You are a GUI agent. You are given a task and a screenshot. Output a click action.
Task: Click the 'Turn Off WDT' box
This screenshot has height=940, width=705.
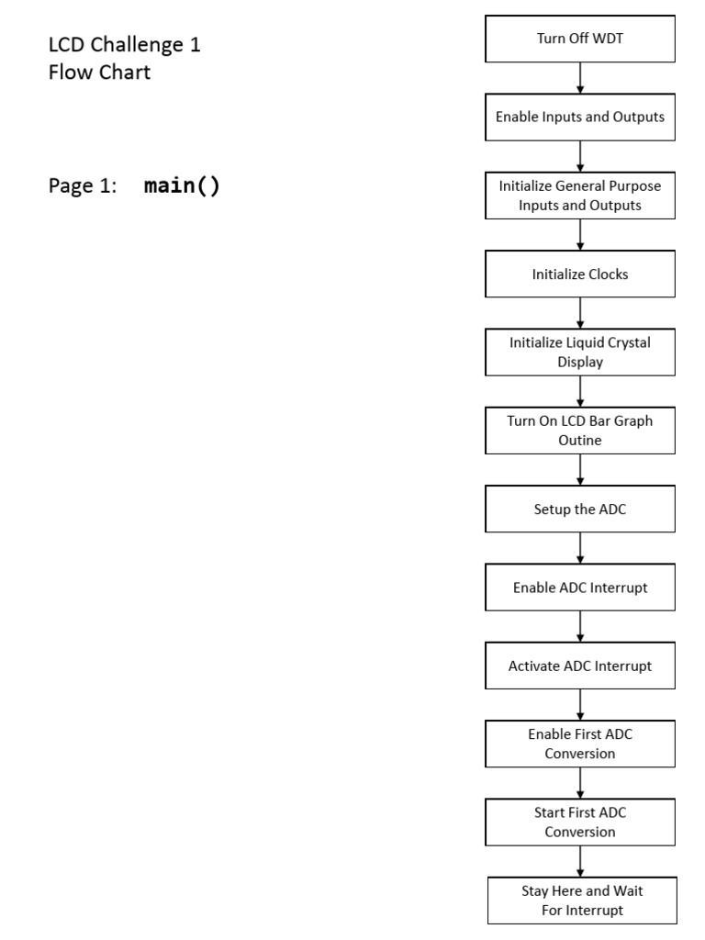click(580, 39)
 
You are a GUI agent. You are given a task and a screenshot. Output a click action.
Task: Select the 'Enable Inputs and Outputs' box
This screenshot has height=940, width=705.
click(580, 117)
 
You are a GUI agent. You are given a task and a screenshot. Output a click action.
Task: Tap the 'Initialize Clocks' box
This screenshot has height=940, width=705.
click(580, 274)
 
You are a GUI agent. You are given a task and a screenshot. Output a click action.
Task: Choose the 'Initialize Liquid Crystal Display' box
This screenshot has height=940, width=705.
click(580, 352)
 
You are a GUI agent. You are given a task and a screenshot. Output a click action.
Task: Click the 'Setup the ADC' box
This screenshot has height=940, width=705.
click(580, 509)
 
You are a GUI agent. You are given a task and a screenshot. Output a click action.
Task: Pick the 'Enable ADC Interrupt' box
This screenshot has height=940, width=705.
click(580, 587)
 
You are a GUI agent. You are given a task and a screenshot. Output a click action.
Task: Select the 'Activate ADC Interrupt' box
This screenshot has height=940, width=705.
click(580, 666)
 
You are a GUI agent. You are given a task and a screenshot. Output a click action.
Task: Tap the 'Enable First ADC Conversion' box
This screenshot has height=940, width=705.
click(580, 744)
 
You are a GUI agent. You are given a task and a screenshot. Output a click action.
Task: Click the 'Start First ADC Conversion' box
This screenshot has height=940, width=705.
click(580, 822)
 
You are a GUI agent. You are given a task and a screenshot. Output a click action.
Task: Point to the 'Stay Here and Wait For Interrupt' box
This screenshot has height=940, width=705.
click(580, 900)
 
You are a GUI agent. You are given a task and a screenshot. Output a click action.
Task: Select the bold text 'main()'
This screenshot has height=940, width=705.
click(182, 186)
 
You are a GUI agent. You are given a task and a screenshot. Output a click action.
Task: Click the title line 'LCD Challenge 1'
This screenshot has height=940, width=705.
click(124, 44)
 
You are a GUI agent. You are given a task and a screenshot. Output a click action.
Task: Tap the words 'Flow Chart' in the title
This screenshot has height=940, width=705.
click(99, 72)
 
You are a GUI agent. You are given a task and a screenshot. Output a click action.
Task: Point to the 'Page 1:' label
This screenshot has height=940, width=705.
click(83, 186)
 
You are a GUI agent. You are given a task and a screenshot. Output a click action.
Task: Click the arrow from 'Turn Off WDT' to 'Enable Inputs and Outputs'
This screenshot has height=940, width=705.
click(580, 78)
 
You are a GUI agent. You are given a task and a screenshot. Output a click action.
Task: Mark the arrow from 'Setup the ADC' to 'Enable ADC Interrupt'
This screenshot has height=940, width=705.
click(580, 548)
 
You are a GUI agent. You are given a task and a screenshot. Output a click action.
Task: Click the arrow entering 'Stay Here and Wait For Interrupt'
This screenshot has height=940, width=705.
click(580, 861)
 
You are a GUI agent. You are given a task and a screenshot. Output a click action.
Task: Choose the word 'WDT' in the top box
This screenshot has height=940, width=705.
click(608, 39)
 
